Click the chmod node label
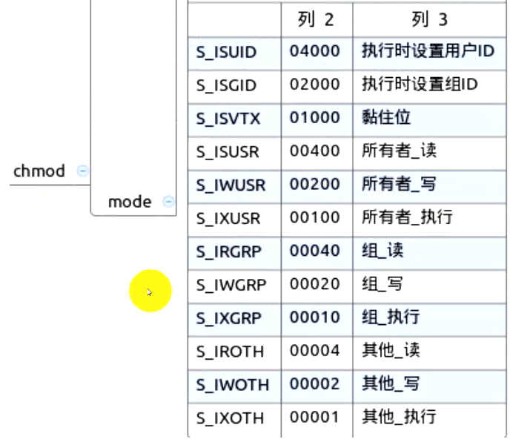39,171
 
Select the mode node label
130,202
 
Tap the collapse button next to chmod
82,171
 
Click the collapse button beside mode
168,201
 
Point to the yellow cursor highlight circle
150,291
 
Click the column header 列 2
316,19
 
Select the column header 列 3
430,19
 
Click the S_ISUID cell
227,53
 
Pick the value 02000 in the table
315,85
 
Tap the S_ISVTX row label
228,119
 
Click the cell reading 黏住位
386,117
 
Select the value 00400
315,151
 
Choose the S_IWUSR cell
231,185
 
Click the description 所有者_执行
407,217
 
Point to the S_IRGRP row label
229,252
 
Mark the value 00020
315,284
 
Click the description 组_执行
391,317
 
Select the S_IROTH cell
230,352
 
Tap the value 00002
315,383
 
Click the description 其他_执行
400,417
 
